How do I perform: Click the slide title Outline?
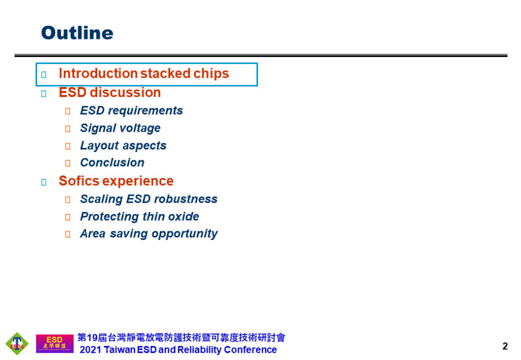click(77, 33)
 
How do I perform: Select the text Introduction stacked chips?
click(143, 74)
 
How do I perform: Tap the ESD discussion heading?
click(109, 93)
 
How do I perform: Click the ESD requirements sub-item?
click(131, 111)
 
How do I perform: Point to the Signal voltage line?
click(120, 128)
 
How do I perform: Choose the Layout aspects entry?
click(123, 146)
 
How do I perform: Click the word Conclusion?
click(112, 163)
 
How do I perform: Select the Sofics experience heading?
click(116, 181)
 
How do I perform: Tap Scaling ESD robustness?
click(149, 199)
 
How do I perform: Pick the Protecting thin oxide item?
click(139, 217)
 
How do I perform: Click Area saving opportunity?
click(149, 234)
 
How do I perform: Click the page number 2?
click(505, 347)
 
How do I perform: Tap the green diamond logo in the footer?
click(17, 344)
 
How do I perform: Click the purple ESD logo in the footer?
click(54, 343)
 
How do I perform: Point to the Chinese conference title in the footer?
click(181, 338)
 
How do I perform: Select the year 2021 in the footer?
click(91, 350)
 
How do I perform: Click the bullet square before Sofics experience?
click(44, 182)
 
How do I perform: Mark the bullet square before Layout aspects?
click(68, 146)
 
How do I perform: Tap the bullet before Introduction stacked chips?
click(44, 75)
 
